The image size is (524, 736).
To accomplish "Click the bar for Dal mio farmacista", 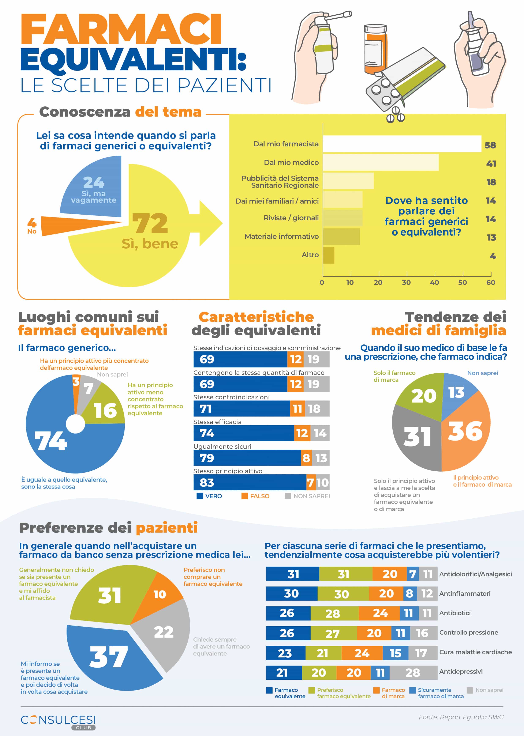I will click(402, 144).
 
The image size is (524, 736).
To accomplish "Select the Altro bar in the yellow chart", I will click(329, 255).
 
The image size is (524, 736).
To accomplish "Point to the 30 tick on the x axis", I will click(406, 283).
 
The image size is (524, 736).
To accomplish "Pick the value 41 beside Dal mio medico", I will click(491, 164).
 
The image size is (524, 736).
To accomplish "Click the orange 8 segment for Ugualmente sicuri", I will click(306, 458).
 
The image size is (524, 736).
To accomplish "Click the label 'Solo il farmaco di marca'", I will click(394, 376).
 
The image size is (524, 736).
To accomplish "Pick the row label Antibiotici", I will click(455, 613).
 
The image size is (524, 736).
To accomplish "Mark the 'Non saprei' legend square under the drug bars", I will click(470, 690).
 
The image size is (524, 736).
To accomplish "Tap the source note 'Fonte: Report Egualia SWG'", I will click(461, 717).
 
